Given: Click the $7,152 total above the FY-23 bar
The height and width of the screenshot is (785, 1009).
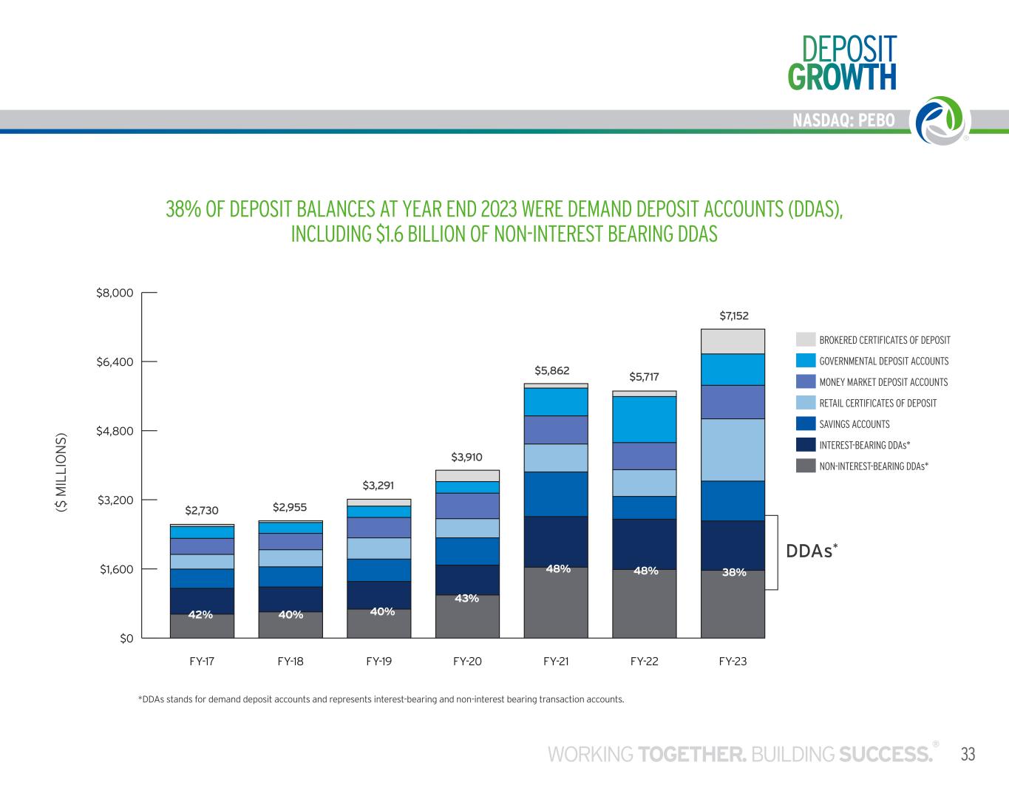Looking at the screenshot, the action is coord(733,316).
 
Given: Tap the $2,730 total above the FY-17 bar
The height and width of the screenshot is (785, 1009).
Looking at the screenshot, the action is coord(202,511).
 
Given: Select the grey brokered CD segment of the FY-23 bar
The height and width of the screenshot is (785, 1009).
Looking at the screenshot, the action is coord(733,341).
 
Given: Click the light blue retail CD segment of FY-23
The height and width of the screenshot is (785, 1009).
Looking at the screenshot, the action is coord(733,450).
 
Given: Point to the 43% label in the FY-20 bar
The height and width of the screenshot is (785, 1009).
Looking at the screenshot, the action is coord(466,599).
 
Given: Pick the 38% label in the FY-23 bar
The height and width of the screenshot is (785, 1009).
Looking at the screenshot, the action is coord(734,572).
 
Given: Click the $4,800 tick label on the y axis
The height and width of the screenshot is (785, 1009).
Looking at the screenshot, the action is coord(115,431).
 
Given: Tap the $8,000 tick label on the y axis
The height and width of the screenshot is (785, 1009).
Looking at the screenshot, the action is coord(115,293).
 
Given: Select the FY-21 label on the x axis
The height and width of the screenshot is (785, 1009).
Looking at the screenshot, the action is coord(556,662).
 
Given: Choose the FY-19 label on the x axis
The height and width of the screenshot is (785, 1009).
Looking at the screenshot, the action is coord(379,662).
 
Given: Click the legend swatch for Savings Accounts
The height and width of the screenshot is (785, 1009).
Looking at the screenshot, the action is coord(806,424).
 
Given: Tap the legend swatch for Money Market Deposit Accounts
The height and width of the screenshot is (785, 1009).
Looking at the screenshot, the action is coord(806,381).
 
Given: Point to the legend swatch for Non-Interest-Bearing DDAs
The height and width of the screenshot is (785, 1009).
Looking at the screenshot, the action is coord(806,466).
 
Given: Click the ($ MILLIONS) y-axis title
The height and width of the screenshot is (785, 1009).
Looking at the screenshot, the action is coord(61,472).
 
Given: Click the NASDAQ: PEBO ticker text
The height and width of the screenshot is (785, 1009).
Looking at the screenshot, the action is coord(843,120).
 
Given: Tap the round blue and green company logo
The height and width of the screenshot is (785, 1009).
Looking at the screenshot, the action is coord(942,120).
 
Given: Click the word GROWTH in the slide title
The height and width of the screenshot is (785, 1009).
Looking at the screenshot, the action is coord(842,77).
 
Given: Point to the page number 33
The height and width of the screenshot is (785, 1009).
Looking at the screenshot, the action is coord(968,755).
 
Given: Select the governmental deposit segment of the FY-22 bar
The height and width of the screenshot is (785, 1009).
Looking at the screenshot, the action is coord(644,419).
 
